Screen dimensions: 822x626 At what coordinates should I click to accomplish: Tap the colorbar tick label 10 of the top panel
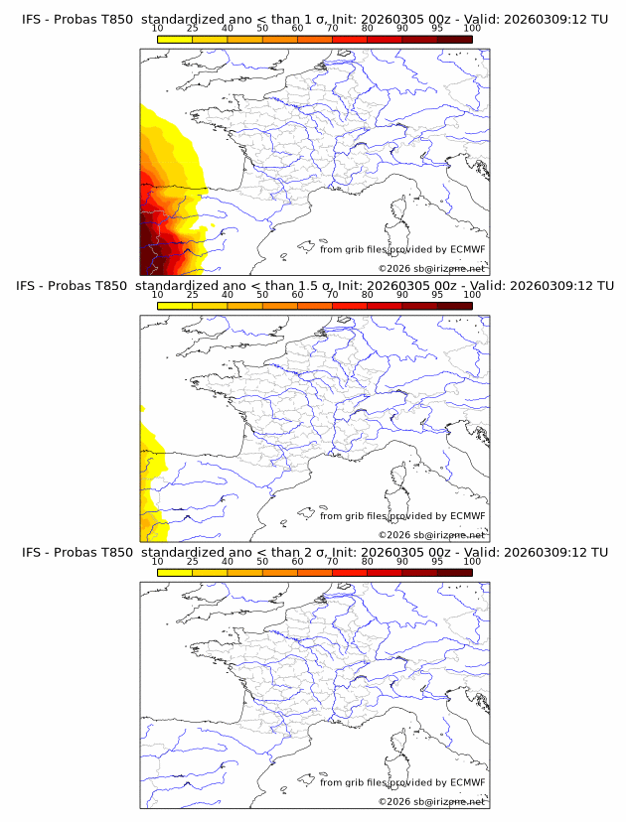point(157,28)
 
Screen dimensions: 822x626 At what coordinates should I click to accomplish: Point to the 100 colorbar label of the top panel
point(472,28)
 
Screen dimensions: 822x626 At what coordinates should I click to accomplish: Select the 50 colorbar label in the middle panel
point(262,295)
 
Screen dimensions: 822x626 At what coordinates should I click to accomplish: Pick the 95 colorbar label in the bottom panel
point(437,561)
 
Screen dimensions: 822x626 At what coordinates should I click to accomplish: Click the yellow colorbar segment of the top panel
point(175,38)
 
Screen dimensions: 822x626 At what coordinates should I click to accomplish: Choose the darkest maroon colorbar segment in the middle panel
point(455,305)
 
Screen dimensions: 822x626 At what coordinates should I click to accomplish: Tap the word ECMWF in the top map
point(467,250)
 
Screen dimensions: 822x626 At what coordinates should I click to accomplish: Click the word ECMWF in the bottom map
point(467,783)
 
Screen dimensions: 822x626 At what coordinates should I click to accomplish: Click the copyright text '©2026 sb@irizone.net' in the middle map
point(431,534)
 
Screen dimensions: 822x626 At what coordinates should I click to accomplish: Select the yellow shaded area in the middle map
point(150,467)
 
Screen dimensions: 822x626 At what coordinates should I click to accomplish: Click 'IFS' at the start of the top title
point(31,19)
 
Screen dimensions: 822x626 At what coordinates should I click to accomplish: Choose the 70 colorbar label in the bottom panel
point(332,561)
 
